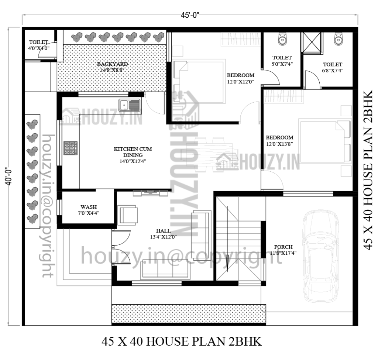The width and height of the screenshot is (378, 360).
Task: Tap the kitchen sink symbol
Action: coord(129,105)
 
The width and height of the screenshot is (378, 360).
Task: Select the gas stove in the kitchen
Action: coord(71,148)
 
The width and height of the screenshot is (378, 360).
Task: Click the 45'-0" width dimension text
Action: coord(190,15)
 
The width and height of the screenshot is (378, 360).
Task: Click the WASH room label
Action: coord(89,210)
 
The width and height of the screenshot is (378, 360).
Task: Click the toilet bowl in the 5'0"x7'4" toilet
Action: coord(282,39)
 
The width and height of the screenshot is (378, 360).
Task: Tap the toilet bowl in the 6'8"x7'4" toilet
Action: coord(337,39)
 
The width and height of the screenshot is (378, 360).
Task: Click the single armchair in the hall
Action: coord(128,215)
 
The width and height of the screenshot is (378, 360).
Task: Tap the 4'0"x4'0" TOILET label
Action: coord(39,45)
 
